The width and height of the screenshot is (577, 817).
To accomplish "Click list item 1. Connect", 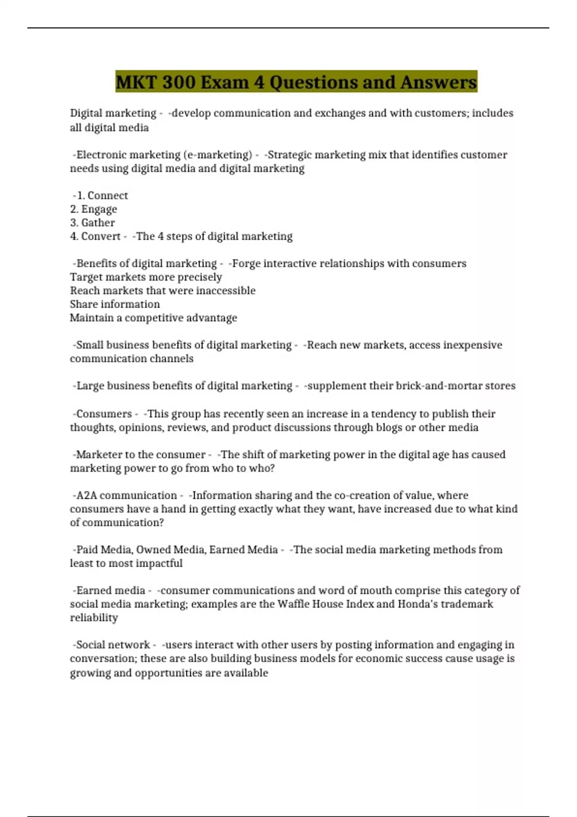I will (x=102, y=196).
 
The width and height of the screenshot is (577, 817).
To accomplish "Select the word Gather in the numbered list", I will (x=98, y=223).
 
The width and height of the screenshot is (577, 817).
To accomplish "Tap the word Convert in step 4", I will (x=100, y=236).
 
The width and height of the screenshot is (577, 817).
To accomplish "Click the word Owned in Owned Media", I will (x=153, y=550).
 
